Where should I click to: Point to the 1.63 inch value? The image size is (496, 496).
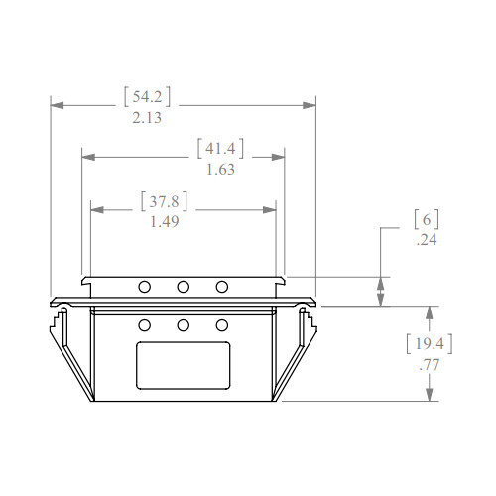coord(219,170)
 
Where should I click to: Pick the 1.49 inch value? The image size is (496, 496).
coord(164,222)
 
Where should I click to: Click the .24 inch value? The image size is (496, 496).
coord(425,240)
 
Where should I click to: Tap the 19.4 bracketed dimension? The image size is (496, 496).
coord(430,345)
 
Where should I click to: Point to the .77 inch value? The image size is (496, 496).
coord(430,365)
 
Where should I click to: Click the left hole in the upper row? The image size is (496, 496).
coord(145,287)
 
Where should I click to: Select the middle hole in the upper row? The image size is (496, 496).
coord(184,287)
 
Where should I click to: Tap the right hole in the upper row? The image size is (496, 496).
coord(222,287)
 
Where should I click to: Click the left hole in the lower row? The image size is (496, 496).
coord(145,325)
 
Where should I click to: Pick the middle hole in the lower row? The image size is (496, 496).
coord(184,325)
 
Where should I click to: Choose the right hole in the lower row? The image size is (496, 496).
coord(222,325)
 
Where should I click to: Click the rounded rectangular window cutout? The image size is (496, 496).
coord(184,365)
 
